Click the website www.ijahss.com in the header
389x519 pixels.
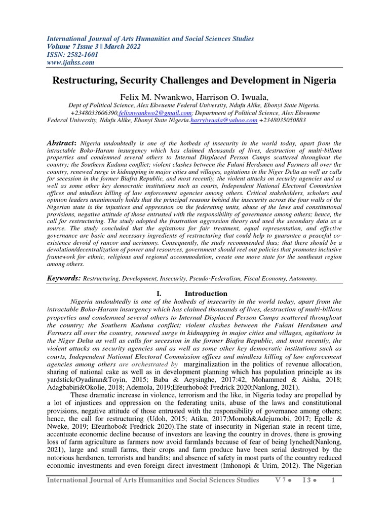click(x=70, y=62)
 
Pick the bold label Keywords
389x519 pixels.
click(x=64, y=278)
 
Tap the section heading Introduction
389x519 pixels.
click(x=206, y=293)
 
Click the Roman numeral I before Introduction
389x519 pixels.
click(x=161, y=293)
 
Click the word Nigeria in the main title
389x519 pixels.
click(x=318, y=80)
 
